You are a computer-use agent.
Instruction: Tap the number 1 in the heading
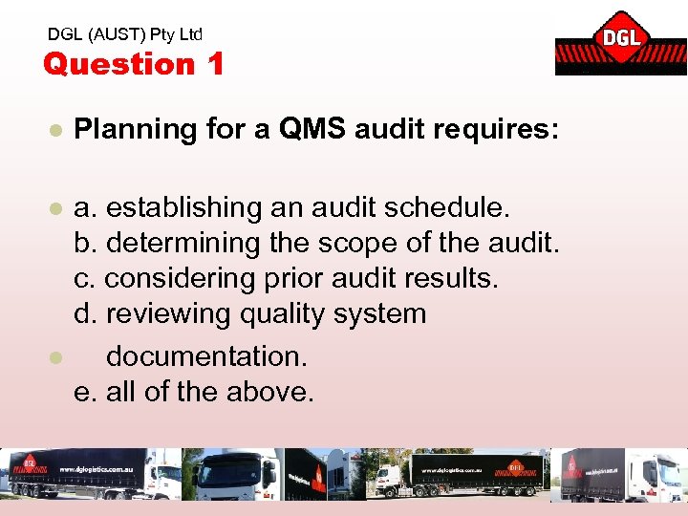click(x=215, y=64)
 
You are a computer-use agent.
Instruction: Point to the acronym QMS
click(x=313, y=129)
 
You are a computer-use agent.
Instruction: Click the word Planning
click(x=135, y=130)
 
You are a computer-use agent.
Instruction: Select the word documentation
click(x=206, y=356)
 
